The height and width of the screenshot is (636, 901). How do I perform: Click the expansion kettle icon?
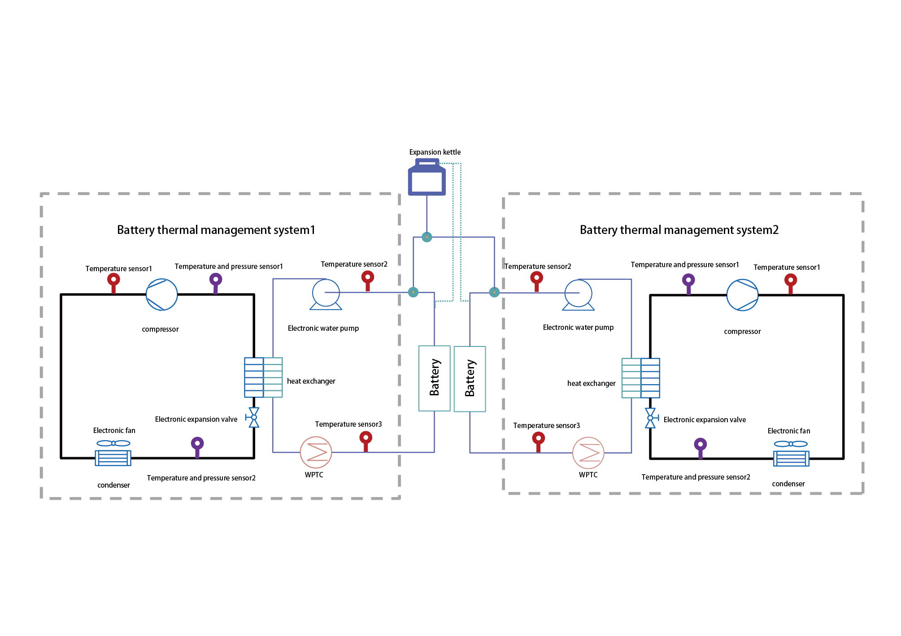(x=427, y=177)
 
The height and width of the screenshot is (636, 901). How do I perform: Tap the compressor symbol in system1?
(x=162, y=294)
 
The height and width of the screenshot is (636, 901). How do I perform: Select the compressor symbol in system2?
(x=742, y=295)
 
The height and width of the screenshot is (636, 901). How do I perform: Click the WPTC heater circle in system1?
(x=316, y=452)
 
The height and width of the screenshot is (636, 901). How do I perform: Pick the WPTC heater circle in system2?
(x=588, y=453)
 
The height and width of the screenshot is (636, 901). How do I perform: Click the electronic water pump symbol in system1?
(x=326, y=294)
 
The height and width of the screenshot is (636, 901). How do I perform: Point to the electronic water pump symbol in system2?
(x=579, y=295)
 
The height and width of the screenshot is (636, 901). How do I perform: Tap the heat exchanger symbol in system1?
(x=263, y=377)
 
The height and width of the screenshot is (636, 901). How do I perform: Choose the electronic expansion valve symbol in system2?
(x=651, y=418)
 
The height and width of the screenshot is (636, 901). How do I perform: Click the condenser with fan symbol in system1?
(x=113, y=453)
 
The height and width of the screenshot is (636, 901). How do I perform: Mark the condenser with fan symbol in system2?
(x=791, y=453)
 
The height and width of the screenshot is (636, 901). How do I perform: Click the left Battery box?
(x=435, y=378)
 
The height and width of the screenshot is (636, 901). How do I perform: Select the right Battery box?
(x=470, y=379)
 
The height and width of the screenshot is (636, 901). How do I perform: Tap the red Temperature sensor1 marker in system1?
(x=113, y=283)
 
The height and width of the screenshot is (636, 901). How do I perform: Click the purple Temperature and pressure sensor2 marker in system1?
(x=197, y=447)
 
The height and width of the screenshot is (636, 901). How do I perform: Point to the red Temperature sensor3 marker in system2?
(x=539, y=441)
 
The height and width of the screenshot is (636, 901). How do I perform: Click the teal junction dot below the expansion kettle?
(x=427, y=237)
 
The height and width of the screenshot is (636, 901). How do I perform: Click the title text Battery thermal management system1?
(x=216, y=230)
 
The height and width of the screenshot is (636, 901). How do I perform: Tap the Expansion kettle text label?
(x=435, y=152)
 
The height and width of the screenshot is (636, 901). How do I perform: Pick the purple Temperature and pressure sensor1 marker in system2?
(x=688, y=284)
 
